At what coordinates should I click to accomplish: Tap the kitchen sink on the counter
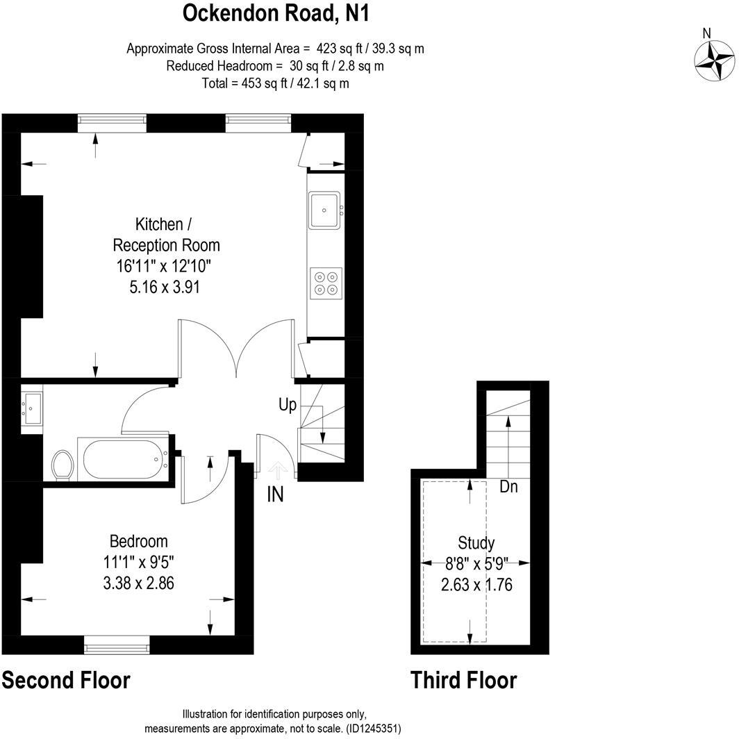click(x=324, y=210)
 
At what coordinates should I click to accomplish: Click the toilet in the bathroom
click(x=63, y=464)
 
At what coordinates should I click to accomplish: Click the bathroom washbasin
click(x=32, y=408)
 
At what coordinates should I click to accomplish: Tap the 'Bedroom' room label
click(x=139, y=541)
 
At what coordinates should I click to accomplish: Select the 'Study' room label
click(x=476, y=543)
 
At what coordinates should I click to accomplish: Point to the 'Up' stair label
click(x=288, y=404)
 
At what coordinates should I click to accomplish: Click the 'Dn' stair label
click(x=509, y=487)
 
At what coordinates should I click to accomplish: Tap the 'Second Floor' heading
click(x=66, y=680)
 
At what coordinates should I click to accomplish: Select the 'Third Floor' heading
click(x=463, y=680)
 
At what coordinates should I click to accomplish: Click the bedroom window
click(x=117, y=647)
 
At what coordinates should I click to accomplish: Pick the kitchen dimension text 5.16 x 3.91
click(x=165, y=285)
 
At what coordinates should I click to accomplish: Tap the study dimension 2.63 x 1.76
click(x=476, y=585)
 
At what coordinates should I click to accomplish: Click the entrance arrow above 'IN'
click(x=278, y=471)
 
